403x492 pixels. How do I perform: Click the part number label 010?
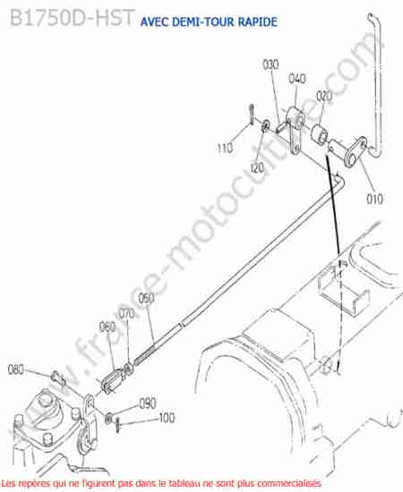coord(374,199)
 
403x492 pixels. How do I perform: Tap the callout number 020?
coord(324,96)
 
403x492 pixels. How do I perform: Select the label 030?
coord(270,64)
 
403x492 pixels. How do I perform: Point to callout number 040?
coord(297,79)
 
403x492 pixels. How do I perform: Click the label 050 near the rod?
coord(146,299)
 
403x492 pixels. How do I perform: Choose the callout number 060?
coord(107,327)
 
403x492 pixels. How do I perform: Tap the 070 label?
coord(126,313)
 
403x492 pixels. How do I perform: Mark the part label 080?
coord(16,369)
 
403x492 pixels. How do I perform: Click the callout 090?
coord(148,403)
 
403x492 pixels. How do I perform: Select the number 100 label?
coord(167,418)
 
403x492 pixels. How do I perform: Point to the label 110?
coord(225,148)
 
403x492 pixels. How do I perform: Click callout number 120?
coord(257,168)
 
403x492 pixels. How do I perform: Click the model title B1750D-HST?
coord(73,18)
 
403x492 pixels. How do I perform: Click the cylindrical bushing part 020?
coord(319,133)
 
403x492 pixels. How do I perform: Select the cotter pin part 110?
coord(252,115)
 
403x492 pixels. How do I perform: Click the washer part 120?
coord(265,125)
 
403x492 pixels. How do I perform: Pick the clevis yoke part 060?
coord(111,380)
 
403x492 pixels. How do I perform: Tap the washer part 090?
coord(109,418)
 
